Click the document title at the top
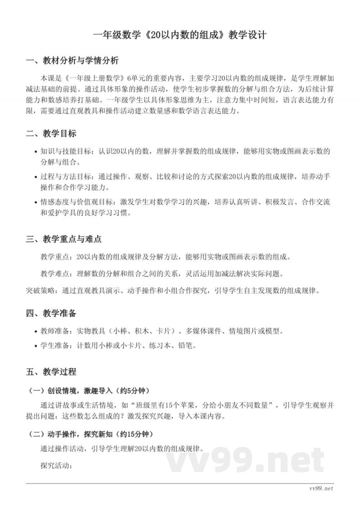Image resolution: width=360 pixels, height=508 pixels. point(180,35)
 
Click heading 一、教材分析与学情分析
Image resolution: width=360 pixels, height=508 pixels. point(72,61)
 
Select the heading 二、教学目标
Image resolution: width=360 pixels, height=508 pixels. point(51,134)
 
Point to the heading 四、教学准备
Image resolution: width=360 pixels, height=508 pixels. point(51,313)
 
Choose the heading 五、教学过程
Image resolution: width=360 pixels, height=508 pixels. point(51,372)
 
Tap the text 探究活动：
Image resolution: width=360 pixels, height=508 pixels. point(56,465)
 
